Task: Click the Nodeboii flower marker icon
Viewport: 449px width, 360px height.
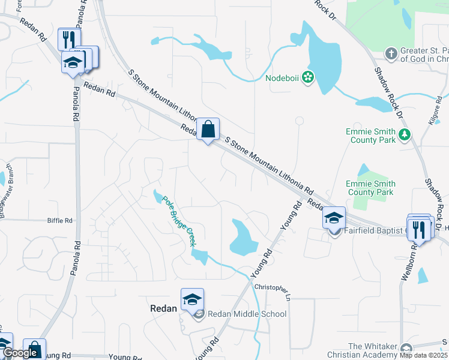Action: [x=308, y=77]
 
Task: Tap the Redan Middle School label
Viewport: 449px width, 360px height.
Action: [x=247, y=314]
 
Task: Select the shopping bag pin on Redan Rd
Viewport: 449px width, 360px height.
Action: [x=208, y=130]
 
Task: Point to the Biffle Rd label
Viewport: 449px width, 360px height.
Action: [x=60, y=221]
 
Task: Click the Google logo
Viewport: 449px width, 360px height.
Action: [x=20, y=353]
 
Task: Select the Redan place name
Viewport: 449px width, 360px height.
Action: [x=163, y=308]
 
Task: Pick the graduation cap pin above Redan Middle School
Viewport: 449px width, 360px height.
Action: [x=192, y=299]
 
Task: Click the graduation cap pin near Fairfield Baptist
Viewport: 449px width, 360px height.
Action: [x=334, y=218]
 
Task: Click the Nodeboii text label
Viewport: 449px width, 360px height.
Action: [x=283, y=77]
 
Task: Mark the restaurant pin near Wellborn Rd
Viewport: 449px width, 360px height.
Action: [x=419, y=228]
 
